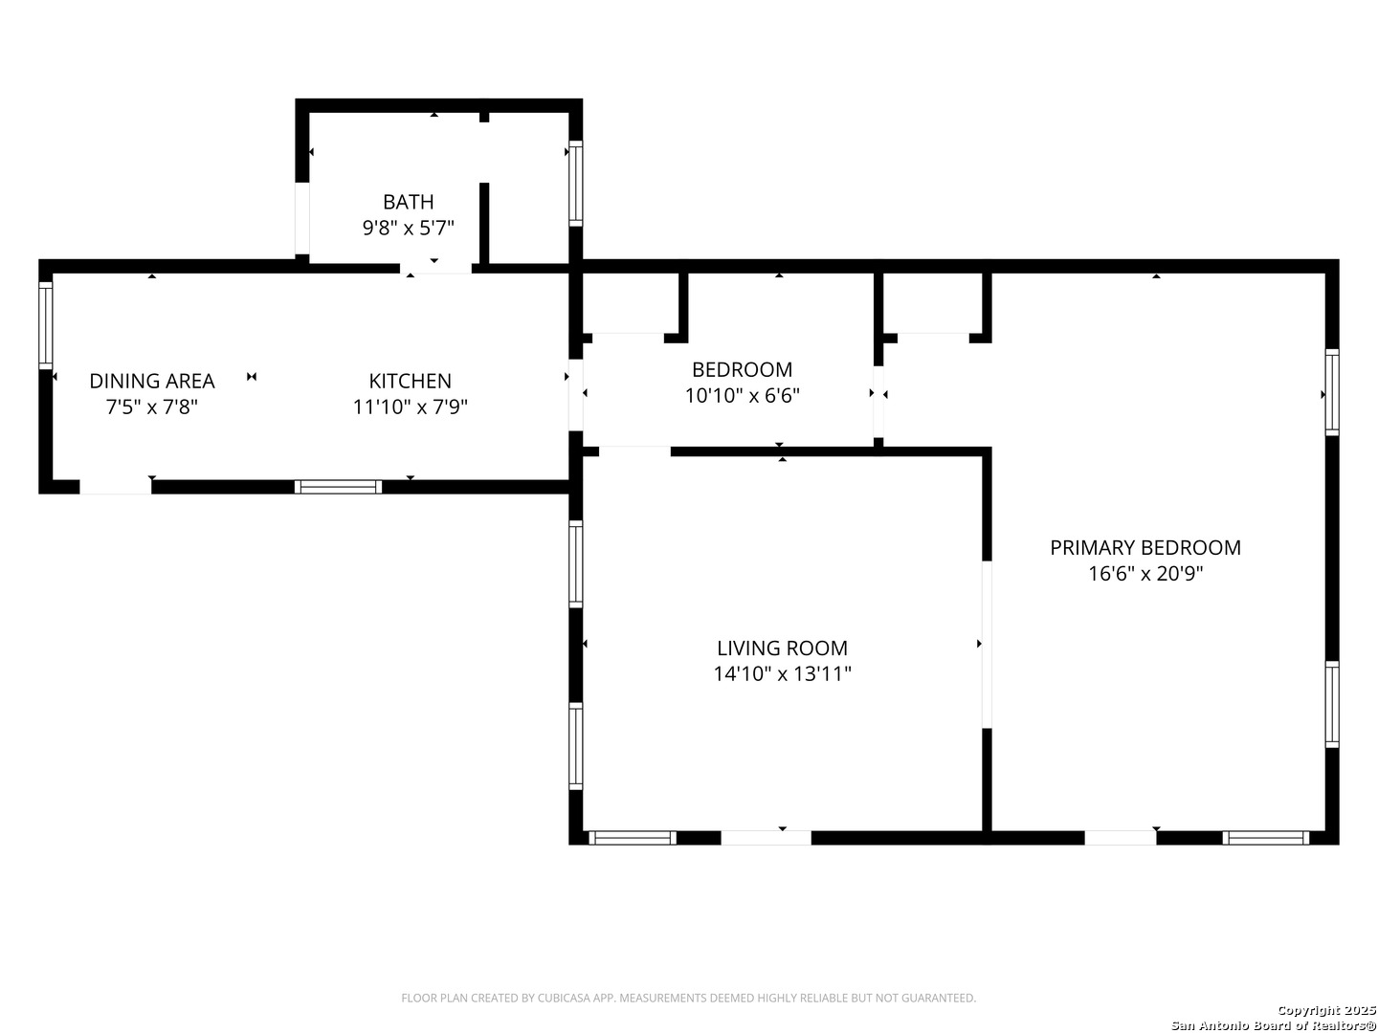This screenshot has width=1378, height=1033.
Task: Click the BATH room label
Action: [x=408, y=202]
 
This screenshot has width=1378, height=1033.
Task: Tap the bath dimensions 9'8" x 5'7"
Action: [x=408, y=228]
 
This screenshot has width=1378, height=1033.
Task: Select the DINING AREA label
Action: [x=152, y=381]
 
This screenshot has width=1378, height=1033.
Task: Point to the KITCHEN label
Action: [x=410, y=381]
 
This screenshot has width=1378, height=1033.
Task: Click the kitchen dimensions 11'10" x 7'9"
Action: [x=410, y=407]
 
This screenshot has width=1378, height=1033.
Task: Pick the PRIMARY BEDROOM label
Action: [x=1145, y=547]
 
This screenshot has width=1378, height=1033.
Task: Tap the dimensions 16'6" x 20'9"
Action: [x=1145, y=573]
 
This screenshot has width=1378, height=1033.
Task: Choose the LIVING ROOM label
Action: [x=782, y=648]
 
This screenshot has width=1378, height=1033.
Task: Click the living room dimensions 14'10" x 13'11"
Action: [x=782, y=673]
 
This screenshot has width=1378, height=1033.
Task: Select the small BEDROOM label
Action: [x=742, y=369]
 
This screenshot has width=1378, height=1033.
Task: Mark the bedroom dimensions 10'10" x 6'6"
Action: [x=742, y=396]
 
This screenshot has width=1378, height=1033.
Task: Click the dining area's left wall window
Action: [x=45, y=325]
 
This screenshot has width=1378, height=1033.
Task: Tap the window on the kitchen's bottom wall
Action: [x=338, y=487]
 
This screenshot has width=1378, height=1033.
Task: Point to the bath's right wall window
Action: [x=576, y=183]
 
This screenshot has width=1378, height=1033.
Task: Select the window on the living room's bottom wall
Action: [x=633, y=838]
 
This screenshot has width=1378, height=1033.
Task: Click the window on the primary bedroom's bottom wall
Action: [x=1266, y=838]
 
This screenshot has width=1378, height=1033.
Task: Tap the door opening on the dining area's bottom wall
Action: [x=116, y=487]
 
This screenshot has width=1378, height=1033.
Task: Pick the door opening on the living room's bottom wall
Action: [x=766, y=838]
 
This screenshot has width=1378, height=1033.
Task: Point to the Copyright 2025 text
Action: [x=1326, y=1010]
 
